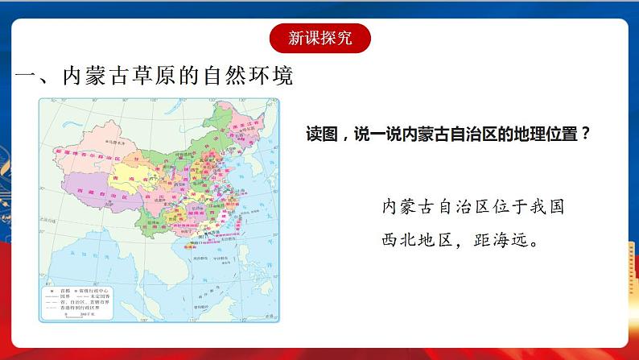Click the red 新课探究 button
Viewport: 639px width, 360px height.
[x=319, y=38]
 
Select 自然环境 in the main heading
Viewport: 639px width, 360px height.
[x=254, y=77]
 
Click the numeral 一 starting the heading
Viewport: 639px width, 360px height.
[x=28, y=77]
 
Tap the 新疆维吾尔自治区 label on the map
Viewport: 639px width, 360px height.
[x=82, y=151]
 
